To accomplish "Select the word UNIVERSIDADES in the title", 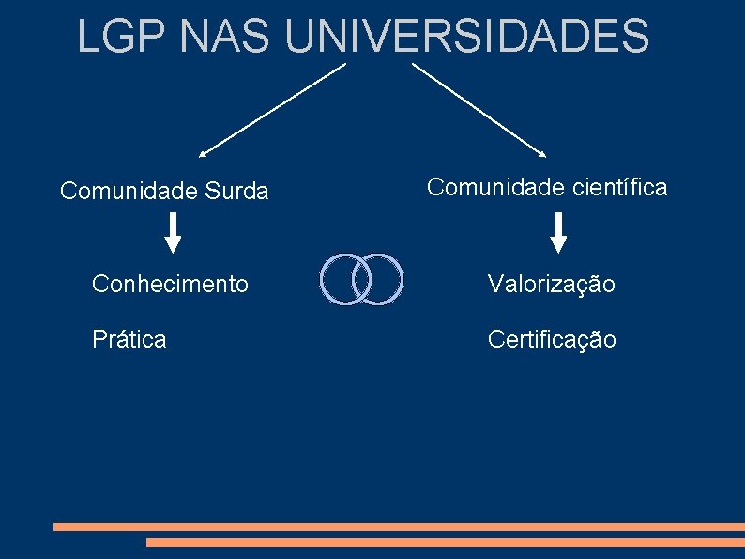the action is coord(466,36).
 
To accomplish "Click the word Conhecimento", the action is coord(170,283).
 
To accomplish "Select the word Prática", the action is coord(129,339).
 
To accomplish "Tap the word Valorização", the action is coord(551,284).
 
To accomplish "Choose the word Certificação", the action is coord(552,340).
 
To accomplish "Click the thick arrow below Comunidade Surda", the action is coord(174,233).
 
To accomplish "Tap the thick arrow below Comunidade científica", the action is coord(559,233).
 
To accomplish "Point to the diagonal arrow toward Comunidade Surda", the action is coord(272,109).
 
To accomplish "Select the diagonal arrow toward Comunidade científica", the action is coord(479,109).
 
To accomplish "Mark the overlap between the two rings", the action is coord(362,279).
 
